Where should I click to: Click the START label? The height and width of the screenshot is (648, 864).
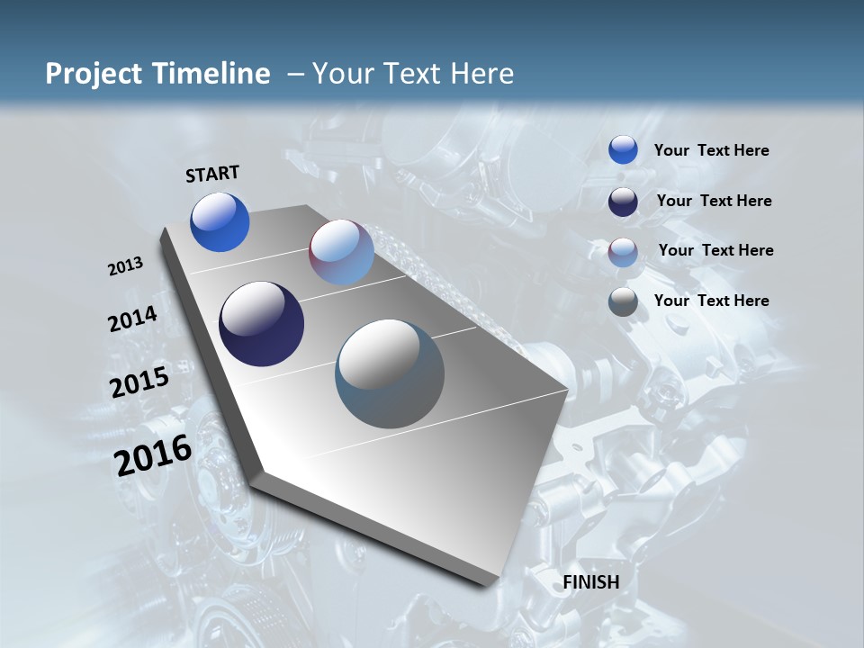pos(212,174)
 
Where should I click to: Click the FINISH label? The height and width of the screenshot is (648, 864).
pos(591,582)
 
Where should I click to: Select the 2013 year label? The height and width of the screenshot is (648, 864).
pos(125,266)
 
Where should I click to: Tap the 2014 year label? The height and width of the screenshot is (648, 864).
pos(132,319)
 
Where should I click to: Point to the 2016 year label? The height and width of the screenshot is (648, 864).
pos(153,455)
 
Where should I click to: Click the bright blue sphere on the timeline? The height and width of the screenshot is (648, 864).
pos(220,222)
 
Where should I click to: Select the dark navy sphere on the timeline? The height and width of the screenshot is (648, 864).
pos(261,324)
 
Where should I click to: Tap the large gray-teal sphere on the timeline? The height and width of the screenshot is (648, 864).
pos(390,373)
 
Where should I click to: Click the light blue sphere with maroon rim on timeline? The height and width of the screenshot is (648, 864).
pos(341,252)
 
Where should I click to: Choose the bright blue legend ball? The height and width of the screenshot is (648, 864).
pos(623,150)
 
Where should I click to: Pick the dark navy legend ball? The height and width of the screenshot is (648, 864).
pos(623,202)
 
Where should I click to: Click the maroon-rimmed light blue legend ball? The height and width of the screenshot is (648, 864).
pos(623,252)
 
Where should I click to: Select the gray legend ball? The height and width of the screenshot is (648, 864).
pos(623,301)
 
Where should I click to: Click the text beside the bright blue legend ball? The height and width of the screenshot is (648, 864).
pos(711,150)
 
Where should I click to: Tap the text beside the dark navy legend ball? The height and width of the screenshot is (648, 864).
pos(714,201)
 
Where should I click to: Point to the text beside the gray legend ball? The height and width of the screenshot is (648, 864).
pos(711,301)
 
